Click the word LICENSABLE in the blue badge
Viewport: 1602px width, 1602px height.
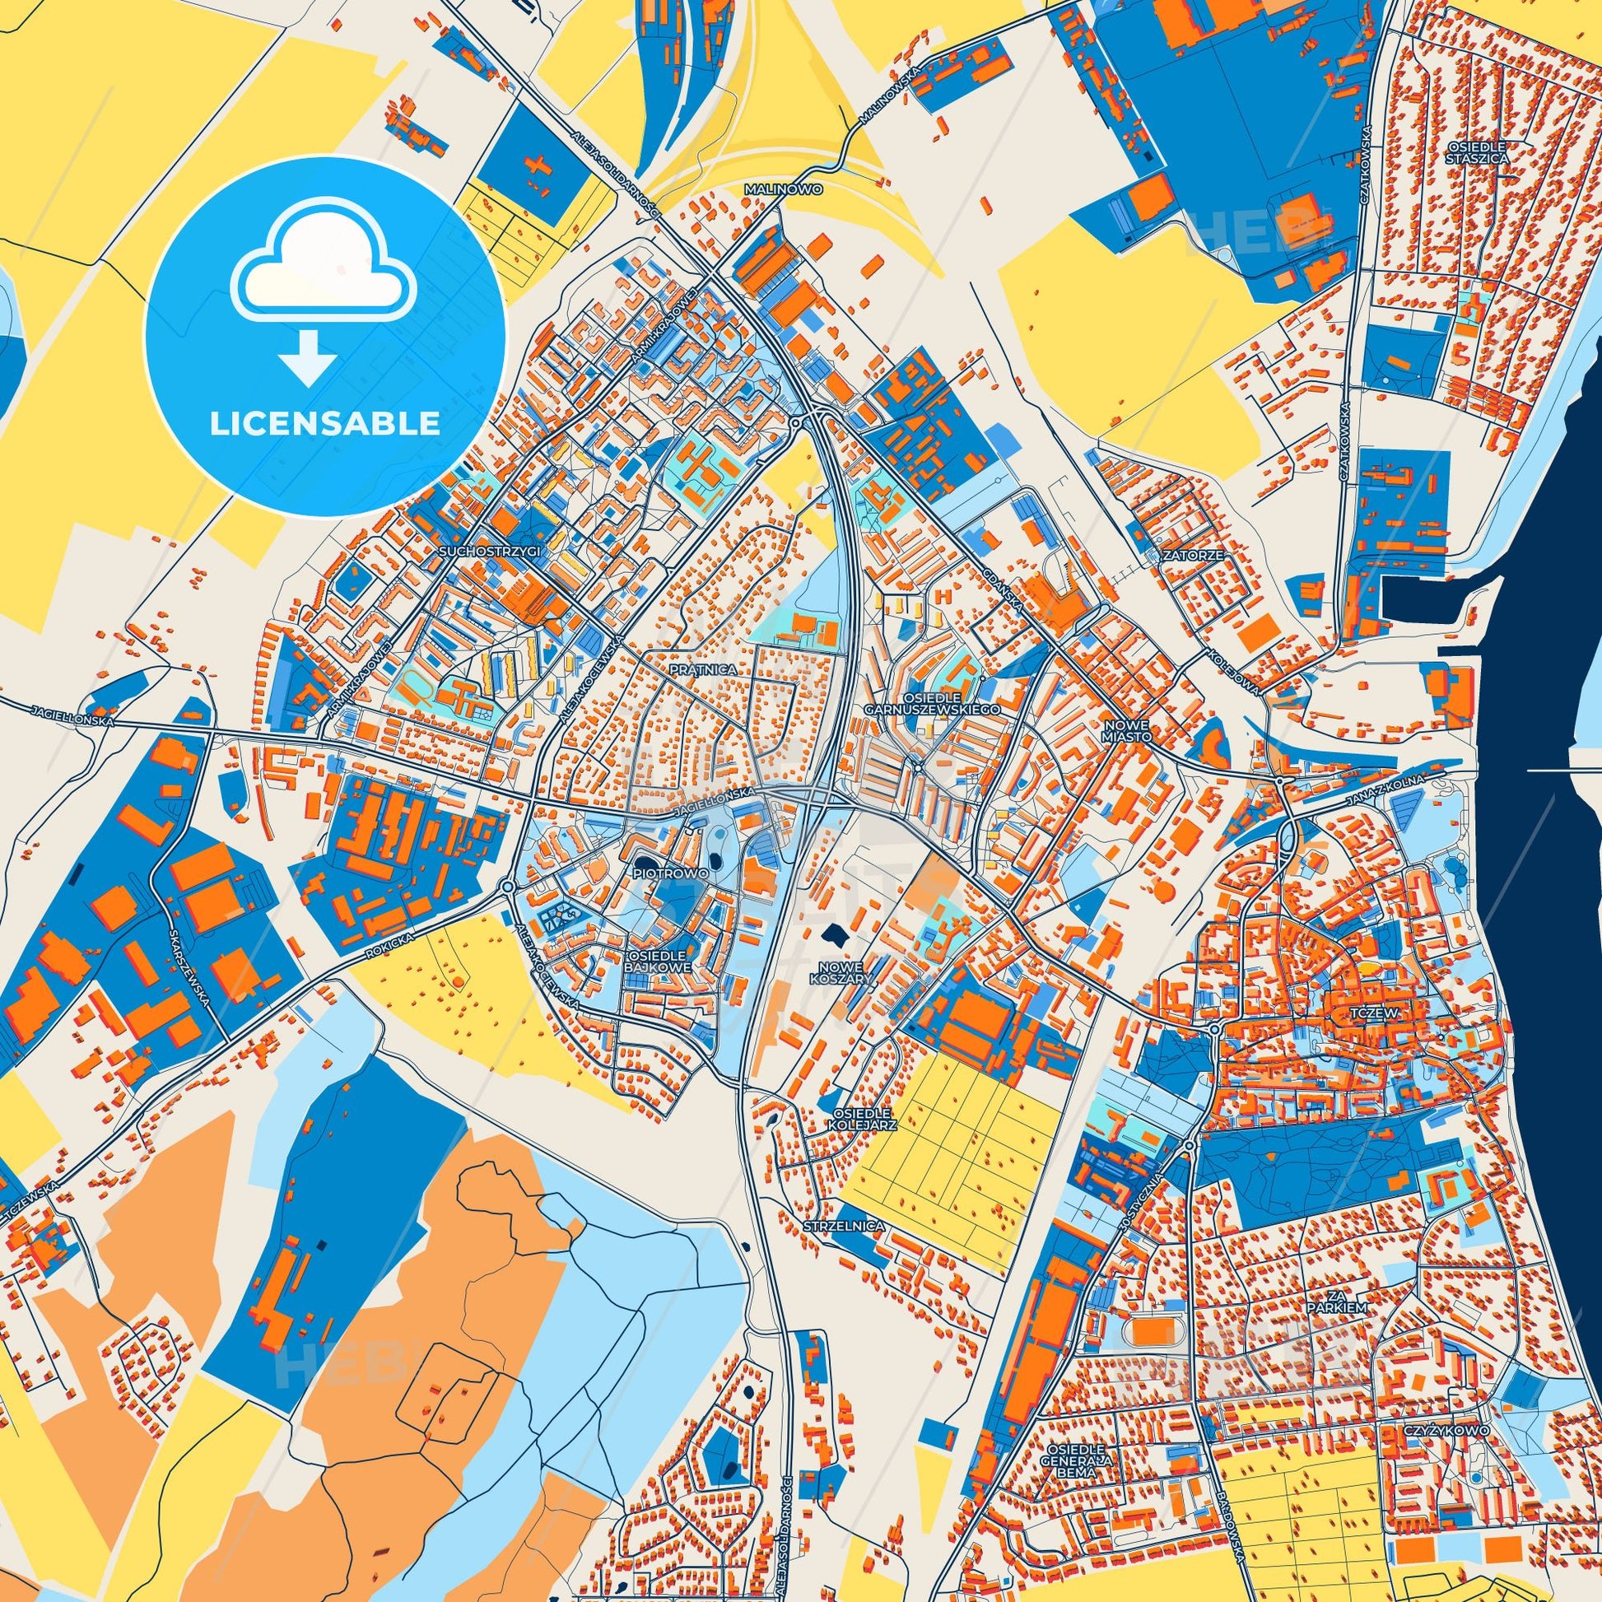click(324, 424)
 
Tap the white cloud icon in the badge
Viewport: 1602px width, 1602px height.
click(324, 277)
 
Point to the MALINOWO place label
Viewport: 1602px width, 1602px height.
click(784, 190)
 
